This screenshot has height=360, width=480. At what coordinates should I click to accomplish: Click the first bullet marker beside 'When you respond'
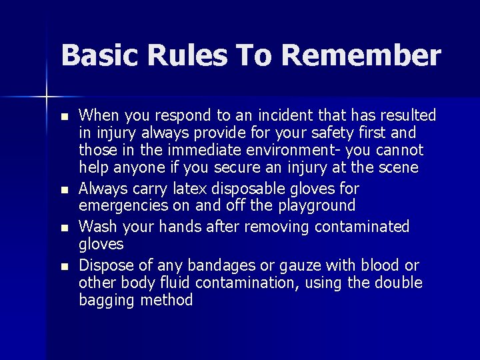[x=63, y=117]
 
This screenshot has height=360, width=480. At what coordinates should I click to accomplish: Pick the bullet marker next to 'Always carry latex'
[x=63, y=190]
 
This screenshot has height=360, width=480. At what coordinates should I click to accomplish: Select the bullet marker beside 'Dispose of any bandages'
[x=63, y=266]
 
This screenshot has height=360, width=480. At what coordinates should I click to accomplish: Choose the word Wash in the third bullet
[x=97, y=227]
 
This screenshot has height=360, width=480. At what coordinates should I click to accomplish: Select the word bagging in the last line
[x=107, y=301]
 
